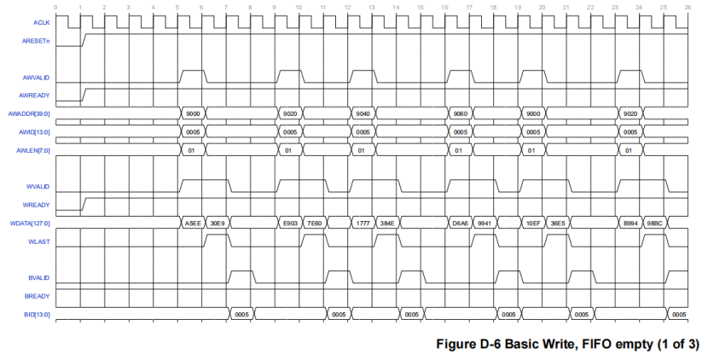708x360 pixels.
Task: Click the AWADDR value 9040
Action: [x=363, y=113]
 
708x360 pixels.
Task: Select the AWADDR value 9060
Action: [x=461, y=113]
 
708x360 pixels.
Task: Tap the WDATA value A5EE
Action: [x=193, y=224]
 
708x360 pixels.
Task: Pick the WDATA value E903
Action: [x=290, y=224]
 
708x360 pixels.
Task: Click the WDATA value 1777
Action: [x=363, y=224]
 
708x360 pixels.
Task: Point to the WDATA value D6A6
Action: [x=461, y=224]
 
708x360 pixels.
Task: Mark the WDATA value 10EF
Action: [x=533, y=224]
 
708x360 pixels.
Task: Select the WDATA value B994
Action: [x=631, y=224]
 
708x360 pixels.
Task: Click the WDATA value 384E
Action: [x=387, y=224]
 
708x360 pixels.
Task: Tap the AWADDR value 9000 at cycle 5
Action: [x=193, y=113]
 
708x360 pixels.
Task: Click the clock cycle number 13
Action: [x=372, y=7]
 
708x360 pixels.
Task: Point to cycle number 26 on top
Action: [x=688, y=7]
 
